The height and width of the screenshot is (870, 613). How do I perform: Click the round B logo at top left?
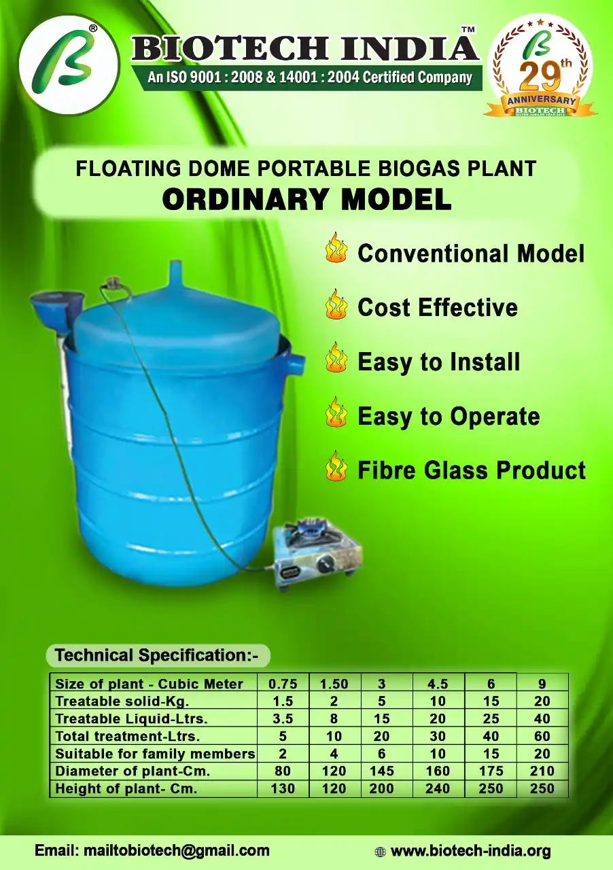[x=69, y=65]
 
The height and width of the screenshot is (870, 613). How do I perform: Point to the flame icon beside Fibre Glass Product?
[x=336, y=466]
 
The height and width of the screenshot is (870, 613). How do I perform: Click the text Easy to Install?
[x=438, y=362]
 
